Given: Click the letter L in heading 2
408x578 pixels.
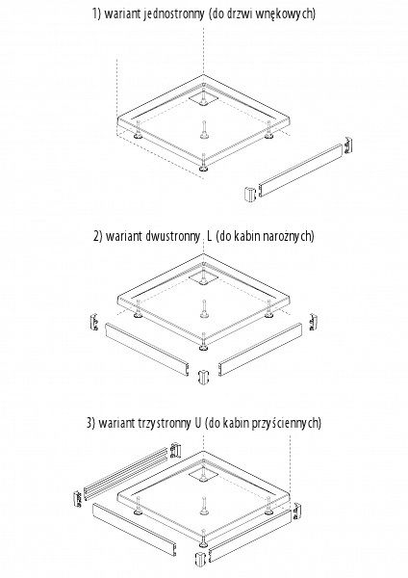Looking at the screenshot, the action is click(210, 236).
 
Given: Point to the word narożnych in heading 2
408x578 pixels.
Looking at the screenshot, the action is click(287, 236).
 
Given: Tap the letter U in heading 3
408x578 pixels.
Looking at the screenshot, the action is click(197, 423).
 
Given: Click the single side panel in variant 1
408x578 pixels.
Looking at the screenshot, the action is click(300, 170).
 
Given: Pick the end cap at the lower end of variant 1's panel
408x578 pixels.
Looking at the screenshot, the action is click(250, 194).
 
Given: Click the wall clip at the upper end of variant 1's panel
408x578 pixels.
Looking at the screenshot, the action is click(348, 145).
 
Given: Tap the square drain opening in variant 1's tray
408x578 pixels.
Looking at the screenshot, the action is click(203, 97).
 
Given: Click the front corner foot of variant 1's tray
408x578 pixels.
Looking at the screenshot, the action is click(203, 169).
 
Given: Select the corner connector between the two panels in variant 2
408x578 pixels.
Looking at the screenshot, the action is click(203, 377).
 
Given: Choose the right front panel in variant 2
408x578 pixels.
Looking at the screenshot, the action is click(261, 349).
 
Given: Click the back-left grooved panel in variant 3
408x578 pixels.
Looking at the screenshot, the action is click(127, 473).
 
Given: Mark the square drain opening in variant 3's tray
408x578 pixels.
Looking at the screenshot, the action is click(203, 476).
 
